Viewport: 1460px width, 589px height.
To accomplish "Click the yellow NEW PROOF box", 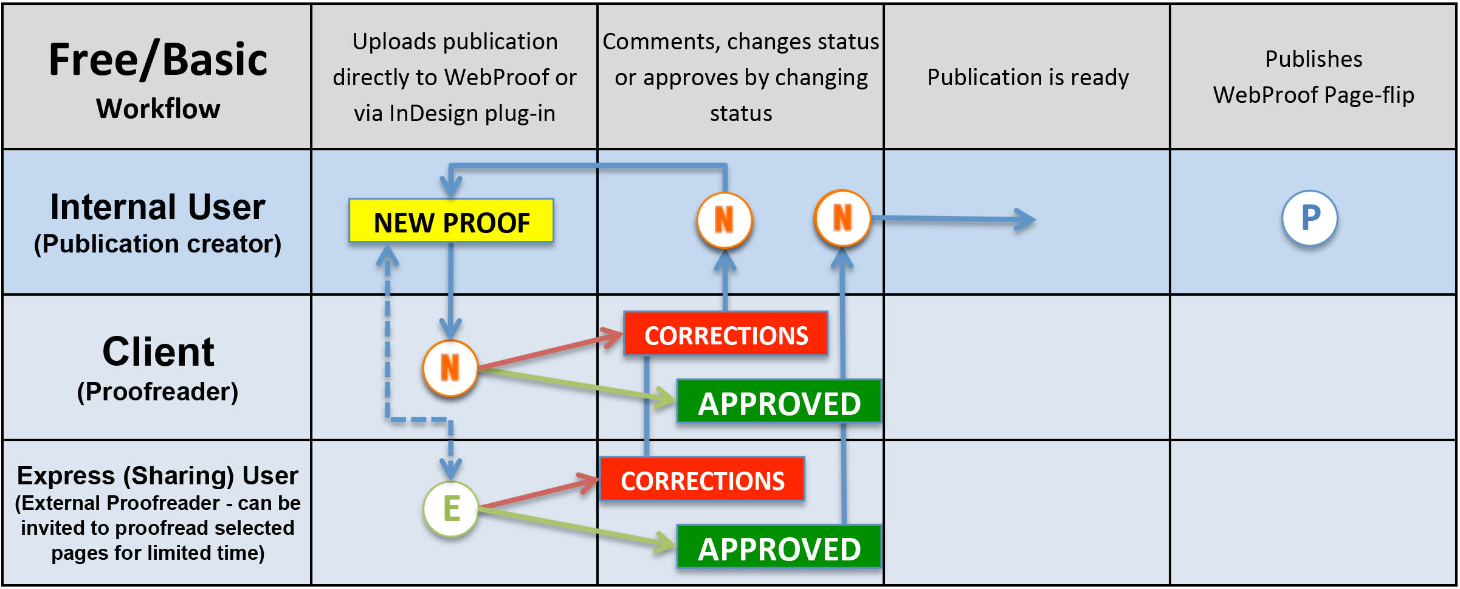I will tap(451, 221).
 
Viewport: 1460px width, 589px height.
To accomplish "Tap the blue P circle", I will tap(1310, 218).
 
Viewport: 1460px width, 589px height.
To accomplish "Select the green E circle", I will tap(450, 509).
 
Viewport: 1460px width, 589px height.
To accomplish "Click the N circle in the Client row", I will tap(450, 368).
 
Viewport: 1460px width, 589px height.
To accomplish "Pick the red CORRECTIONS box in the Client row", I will tap(726, 334).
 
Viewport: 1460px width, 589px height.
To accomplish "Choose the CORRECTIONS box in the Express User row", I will tap(703, 479).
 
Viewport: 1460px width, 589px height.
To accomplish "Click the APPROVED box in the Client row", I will tap(779, 402).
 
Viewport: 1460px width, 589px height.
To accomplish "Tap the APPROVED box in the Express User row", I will tap(779, 548).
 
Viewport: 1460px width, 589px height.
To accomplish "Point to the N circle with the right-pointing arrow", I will tap(842, 218).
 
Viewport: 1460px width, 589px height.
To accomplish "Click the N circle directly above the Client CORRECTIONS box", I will tap(724, 220).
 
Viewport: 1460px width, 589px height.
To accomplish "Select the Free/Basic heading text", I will tap(158, 60).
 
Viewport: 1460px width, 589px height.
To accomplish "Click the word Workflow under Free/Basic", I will tap(158, 109).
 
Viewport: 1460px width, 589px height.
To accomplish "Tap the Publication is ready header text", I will tap(1028, 77).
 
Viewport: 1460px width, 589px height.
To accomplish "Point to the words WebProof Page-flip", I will tap(1314, 95).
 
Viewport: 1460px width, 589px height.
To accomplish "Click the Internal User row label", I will tap(157, 207).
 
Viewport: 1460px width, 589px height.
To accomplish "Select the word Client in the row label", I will tap(158, 352).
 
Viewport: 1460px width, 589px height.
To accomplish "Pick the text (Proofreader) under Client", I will tap(157, 392).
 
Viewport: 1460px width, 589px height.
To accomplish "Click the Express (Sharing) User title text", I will tap(157, 476).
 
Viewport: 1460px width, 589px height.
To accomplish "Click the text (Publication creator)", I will tap(157, 244).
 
